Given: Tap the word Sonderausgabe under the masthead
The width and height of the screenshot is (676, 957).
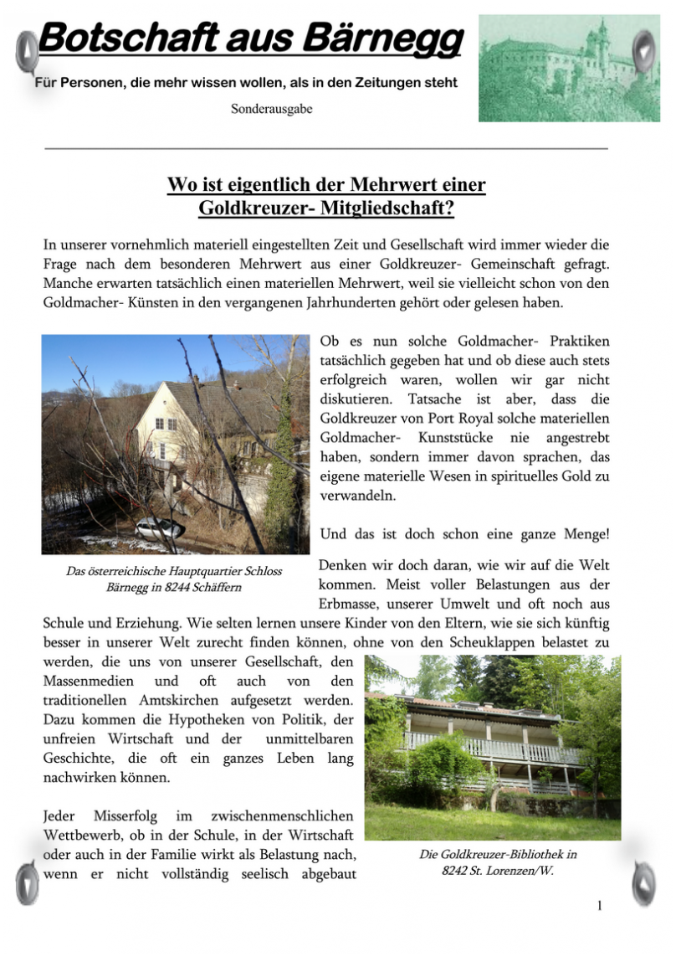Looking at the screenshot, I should tap(272, 109).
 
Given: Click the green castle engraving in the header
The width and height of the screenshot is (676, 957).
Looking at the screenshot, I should tap(570, 68).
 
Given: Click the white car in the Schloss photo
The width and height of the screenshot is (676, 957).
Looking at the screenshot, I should tap(159, 528).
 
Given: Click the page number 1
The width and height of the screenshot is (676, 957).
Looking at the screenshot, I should tap(600, 905).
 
